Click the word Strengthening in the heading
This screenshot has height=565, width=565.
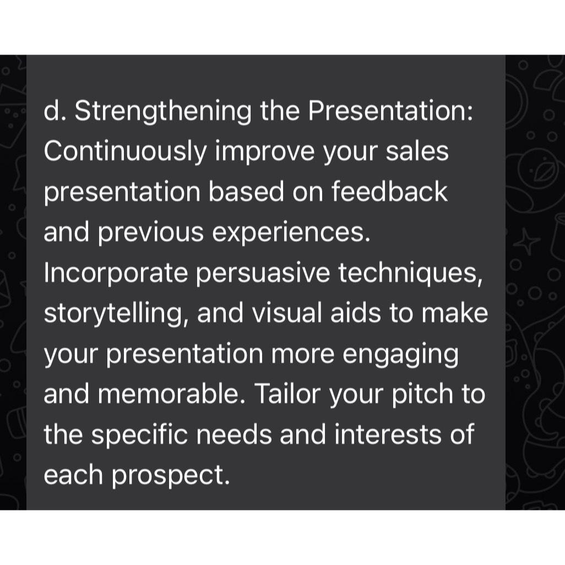coord(163,112)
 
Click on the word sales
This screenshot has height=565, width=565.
coord(417,151)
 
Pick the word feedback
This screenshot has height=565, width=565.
coord(389,191)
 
